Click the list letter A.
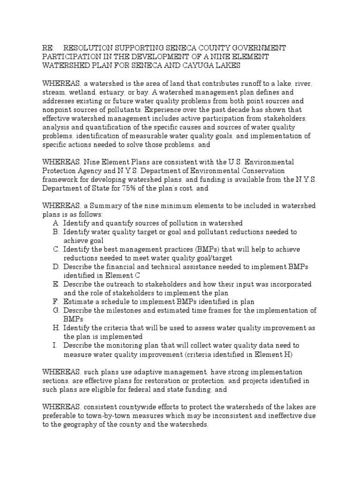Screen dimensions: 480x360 coord(56,223)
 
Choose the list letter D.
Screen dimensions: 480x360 coord(56,267)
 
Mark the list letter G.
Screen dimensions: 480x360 coord(56,310)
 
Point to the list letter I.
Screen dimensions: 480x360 coord(55,345)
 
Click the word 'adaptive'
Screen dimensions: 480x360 coord(142,372)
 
